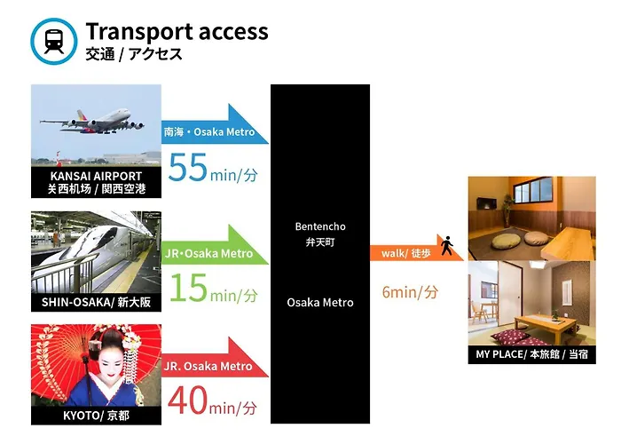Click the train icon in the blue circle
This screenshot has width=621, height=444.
(54, 41)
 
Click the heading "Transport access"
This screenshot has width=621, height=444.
(177, 32)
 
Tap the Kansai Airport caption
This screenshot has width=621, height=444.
(96, 182)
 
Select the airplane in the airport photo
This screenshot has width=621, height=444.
(92, 121)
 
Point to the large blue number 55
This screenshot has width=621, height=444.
(188, 167)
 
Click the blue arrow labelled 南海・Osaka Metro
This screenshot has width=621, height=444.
(215, 126)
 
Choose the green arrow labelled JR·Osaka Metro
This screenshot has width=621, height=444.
(215, 246)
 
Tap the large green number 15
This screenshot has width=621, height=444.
(188, 288)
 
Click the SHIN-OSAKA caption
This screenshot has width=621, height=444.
(96, 302)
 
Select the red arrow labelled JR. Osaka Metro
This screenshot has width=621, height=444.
(215, 359)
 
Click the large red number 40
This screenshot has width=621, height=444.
(188, 400)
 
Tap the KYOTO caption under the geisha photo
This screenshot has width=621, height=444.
(96, 416)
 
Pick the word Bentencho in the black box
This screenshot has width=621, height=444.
(320, 226)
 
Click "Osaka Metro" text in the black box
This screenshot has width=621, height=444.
(320, 303)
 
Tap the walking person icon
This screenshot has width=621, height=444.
(447, 246)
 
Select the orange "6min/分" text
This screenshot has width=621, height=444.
(410, 292)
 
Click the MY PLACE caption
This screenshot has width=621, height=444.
(531, 354)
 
